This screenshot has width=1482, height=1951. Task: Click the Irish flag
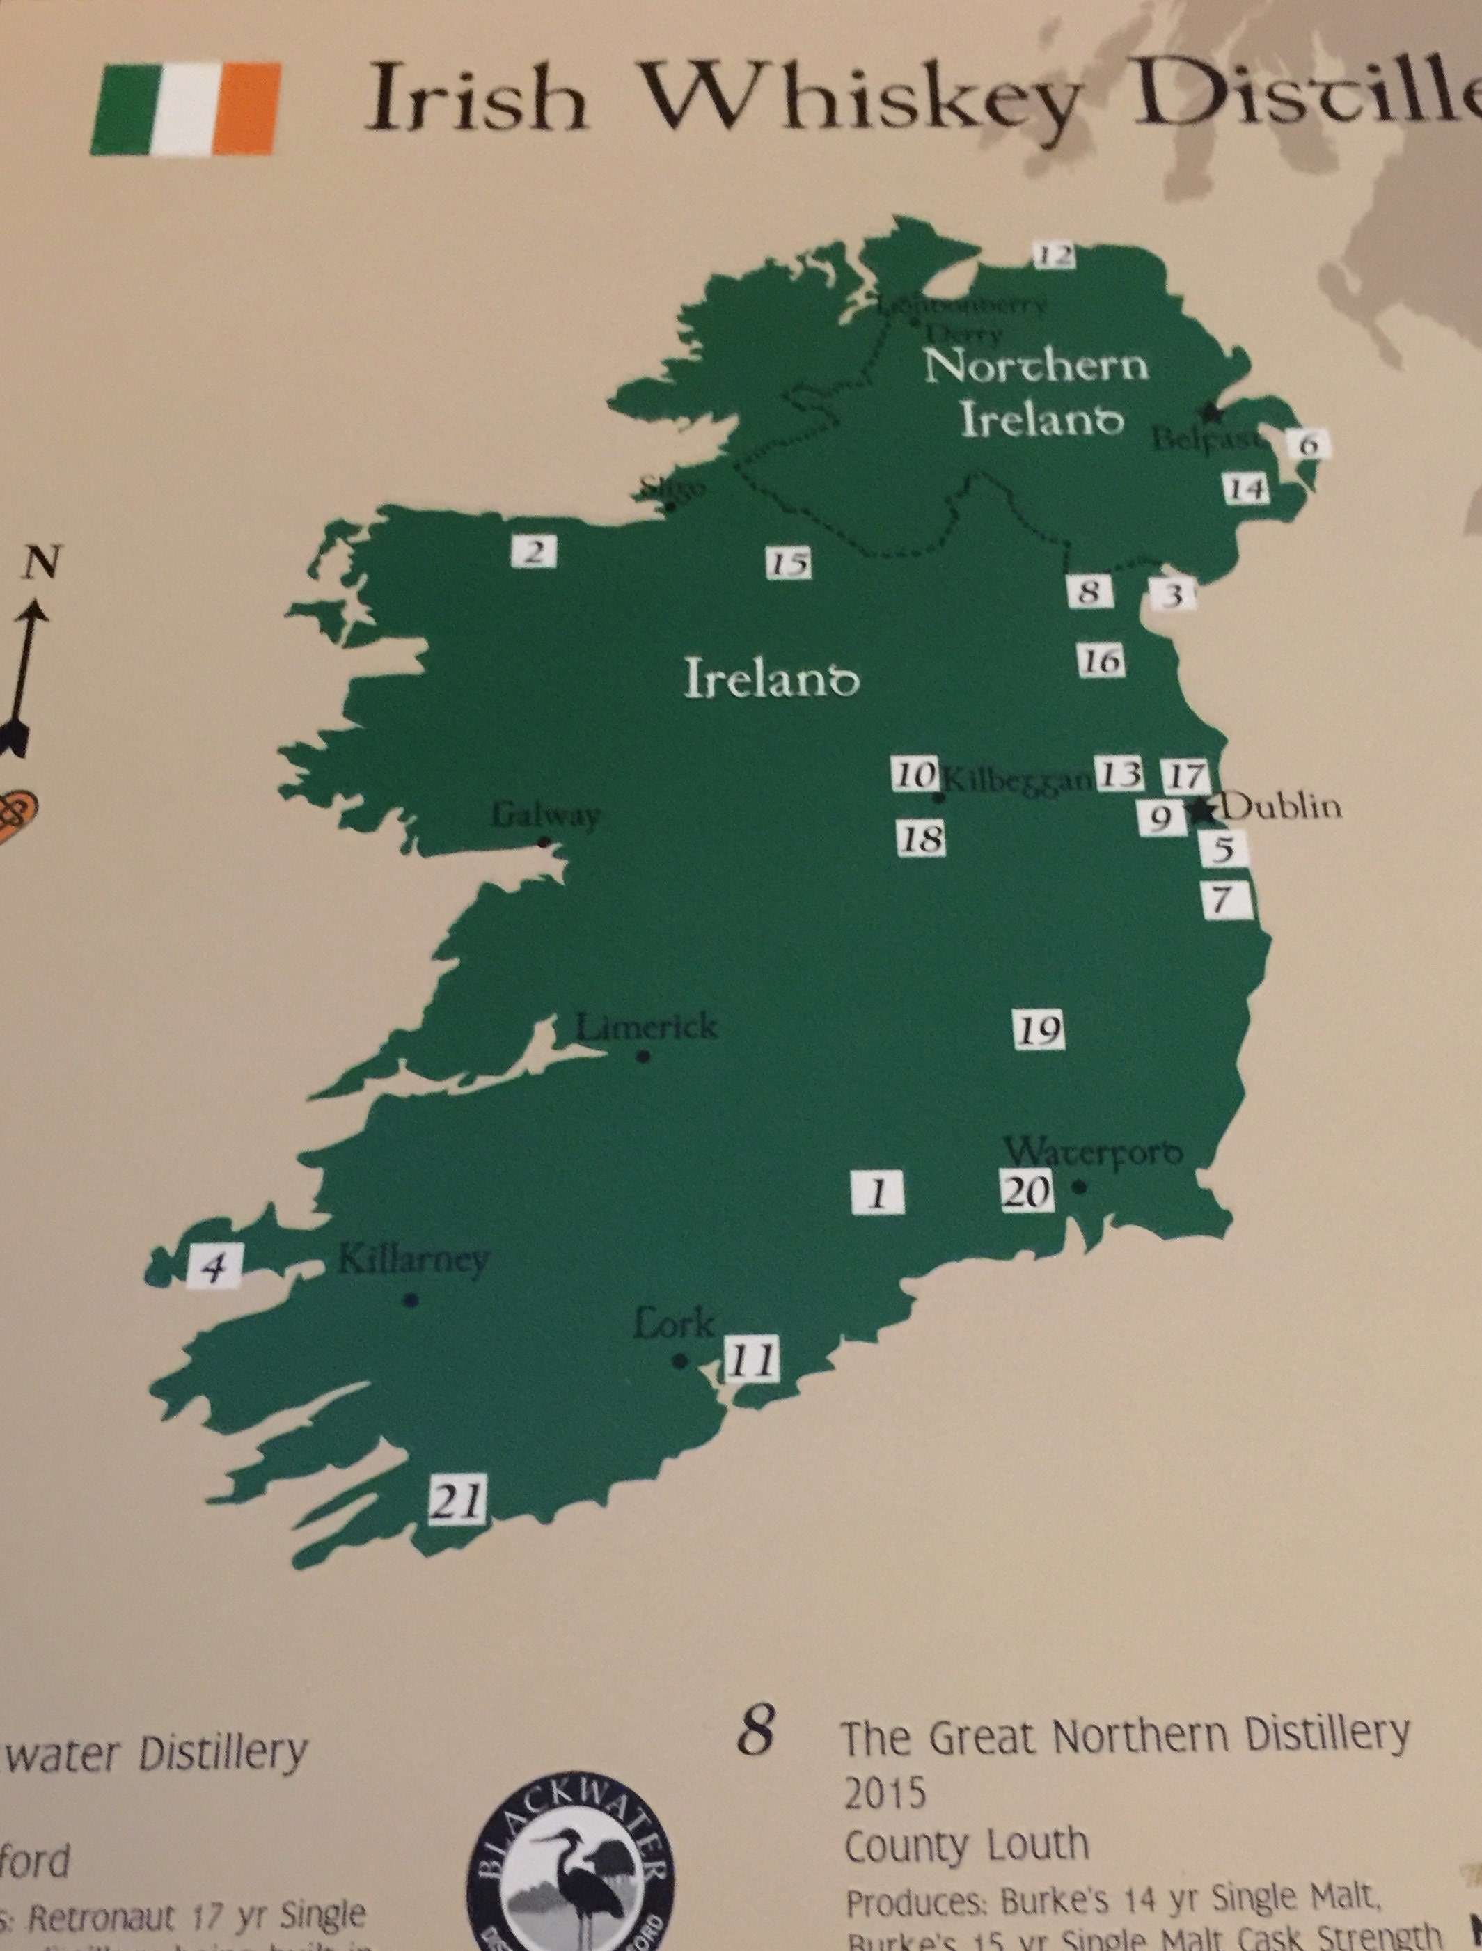pyautogui.click(x=185, y=108)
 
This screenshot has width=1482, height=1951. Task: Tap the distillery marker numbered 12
pyautogui.click(x=1054, y=255)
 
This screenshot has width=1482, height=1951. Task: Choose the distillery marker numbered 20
pyautogui.click(x=1027, y=1192)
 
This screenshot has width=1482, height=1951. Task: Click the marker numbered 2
pyautogui.click(x=535, y=552)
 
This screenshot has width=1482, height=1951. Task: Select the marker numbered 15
pyautogui.click(x=788, y=562)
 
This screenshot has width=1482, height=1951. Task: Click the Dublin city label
pyautogui.click(x=1283, y=805)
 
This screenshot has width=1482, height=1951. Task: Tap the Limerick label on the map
pyautogui.click(x=646, y=1027)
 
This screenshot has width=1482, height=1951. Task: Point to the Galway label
pyautogui.click(x=545, y=815)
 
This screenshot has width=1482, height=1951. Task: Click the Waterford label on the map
pyautogui.click(x=1094, y=1152)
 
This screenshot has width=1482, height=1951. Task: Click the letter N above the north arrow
pyautogui.click(x=42, y=561)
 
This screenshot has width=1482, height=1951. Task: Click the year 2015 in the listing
pyautogui.click(x=885, y=1792)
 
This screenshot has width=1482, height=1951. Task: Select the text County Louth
pyautogui.click(x=966, y=1845)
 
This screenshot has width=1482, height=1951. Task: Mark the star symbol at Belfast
pyautogui.click(x=1213, y=411)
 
